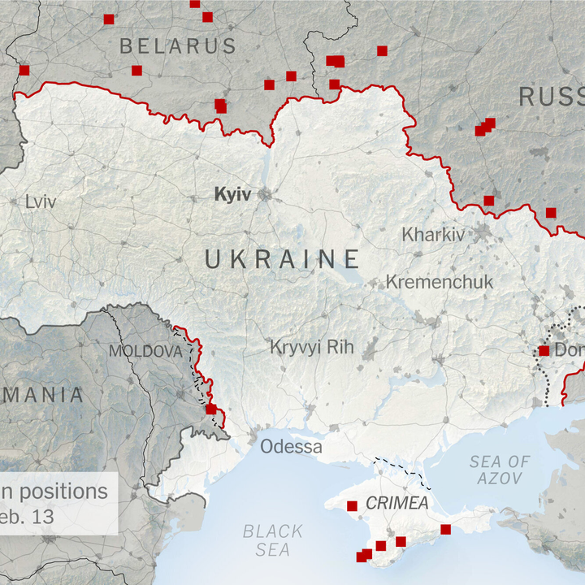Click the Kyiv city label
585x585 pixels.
pyautogui.click(x=232, y=194)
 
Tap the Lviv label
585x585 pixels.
pyautogui.click(x=41, y=201)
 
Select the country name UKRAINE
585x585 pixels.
pyautogui.click(x=282, y=259)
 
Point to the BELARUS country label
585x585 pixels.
pyautogui.click(x=178, y=45)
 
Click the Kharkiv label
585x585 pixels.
pyautogui.click(x=434, y=235)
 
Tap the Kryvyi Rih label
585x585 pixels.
pyautogui.click(x=312, y=347)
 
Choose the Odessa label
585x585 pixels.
pyautogui.click(x=291, y=446)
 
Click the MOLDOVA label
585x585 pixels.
pyautogui.click(x=145, y=352)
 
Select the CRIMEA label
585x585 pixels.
pyautogui.click(x=396, y=503)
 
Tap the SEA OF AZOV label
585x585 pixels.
pyautogui.click(x=499, y=470)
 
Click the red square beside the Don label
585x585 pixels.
pyautogui.click(x=544, y=351)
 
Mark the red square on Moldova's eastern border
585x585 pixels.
pyautogui.click(x=211, y=409)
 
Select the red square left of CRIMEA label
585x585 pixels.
pyautogui.click(x=352, y=505)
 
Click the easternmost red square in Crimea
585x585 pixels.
pyautogui.click(x=445, y=530)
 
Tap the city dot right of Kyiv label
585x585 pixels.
pyautogui.click(x=264, y=195)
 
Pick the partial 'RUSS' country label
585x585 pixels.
pyautogui.click(x=551, y=97)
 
